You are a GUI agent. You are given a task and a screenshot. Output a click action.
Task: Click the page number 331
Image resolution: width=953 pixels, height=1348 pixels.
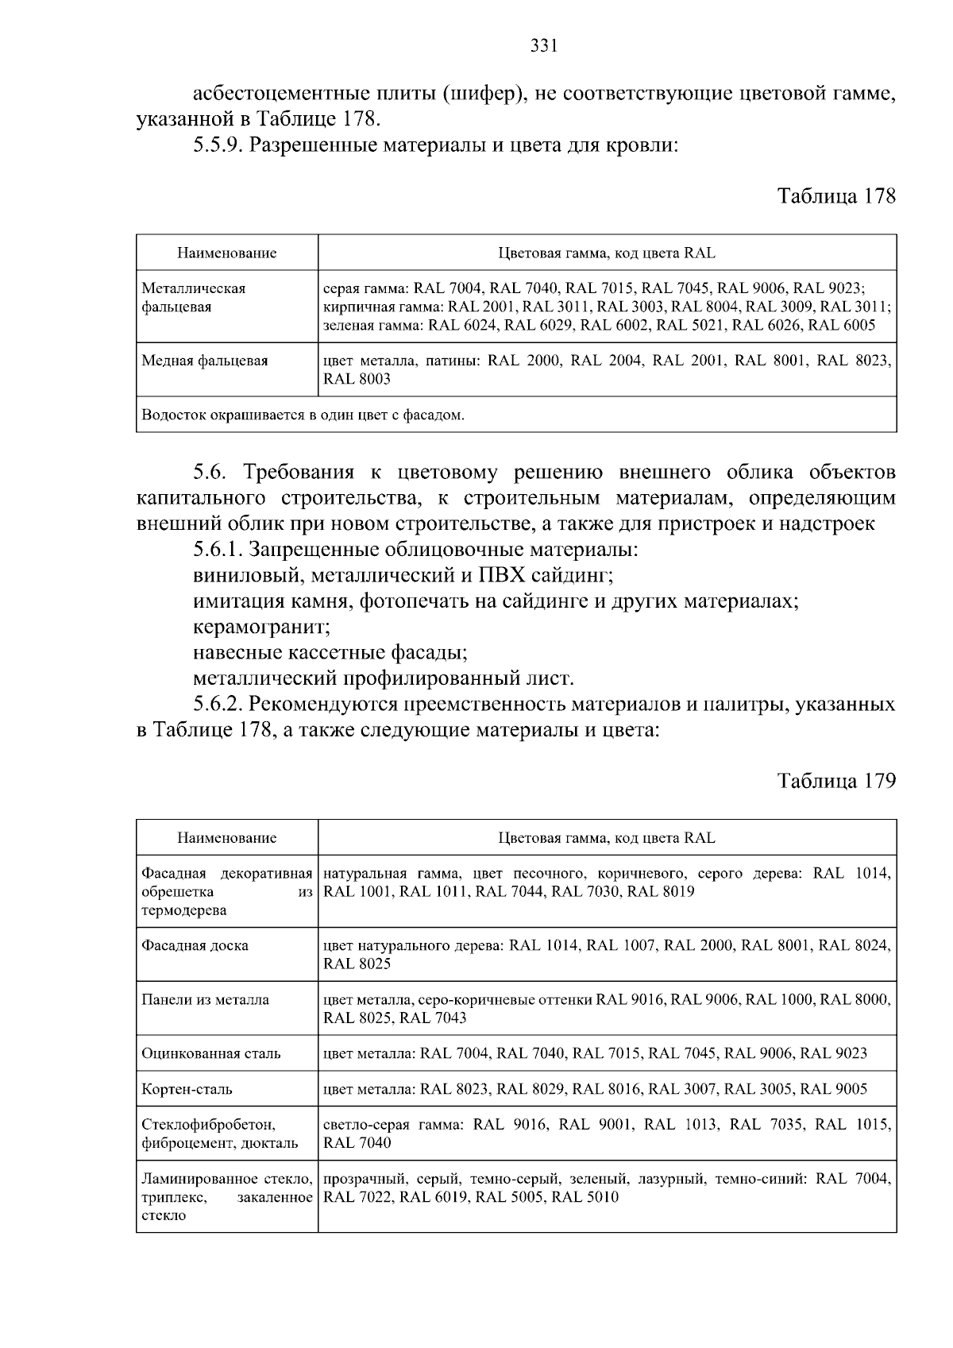[x=544, y=46]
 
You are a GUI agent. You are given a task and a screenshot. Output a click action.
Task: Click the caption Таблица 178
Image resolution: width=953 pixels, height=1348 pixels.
[x=836, y=195]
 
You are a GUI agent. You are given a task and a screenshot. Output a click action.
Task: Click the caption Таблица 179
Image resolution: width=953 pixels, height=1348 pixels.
[x=836, y=780]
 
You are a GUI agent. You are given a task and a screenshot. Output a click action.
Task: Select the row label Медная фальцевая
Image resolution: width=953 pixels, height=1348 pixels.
[x=205, y=361]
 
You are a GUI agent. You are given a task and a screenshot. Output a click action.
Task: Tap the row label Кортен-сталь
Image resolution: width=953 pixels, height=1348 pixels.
[x=187, y=1089]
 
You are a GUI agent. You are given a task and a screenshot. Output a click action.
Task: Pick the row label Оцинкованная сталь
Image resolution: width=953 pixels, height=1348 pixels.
[x=211, y=1054]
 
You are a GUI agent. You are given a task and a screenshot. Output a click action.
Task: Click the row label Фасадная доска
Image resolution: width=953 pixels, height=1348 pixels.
[x=195, y=945]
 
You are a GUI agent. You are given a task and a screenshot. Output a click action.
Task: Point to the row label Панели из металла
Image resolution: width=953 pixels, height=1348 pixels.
[x=205, y=999]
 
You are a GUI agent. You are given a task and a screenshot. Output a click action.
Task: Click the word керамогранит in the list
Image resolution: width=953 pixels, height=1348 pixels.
[x=261, y=627]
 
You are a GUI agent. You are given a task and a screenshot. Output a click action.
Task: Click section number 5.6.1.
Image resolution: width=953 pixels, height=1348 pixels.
[x=218, y=550]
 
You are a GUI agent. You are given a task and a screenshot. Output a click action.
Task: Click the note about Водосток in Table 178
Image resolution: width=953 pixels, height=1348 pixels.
[x=303, y=415]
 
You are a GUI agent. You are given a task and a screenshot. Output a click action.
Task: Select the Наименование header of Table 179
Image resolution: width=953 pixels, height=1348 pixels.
[x=227, y=838]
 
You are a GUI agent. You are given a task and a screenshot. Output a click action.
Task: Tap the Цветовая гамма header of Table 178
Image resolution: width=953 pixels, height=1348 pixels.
[x=607, y=253]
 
